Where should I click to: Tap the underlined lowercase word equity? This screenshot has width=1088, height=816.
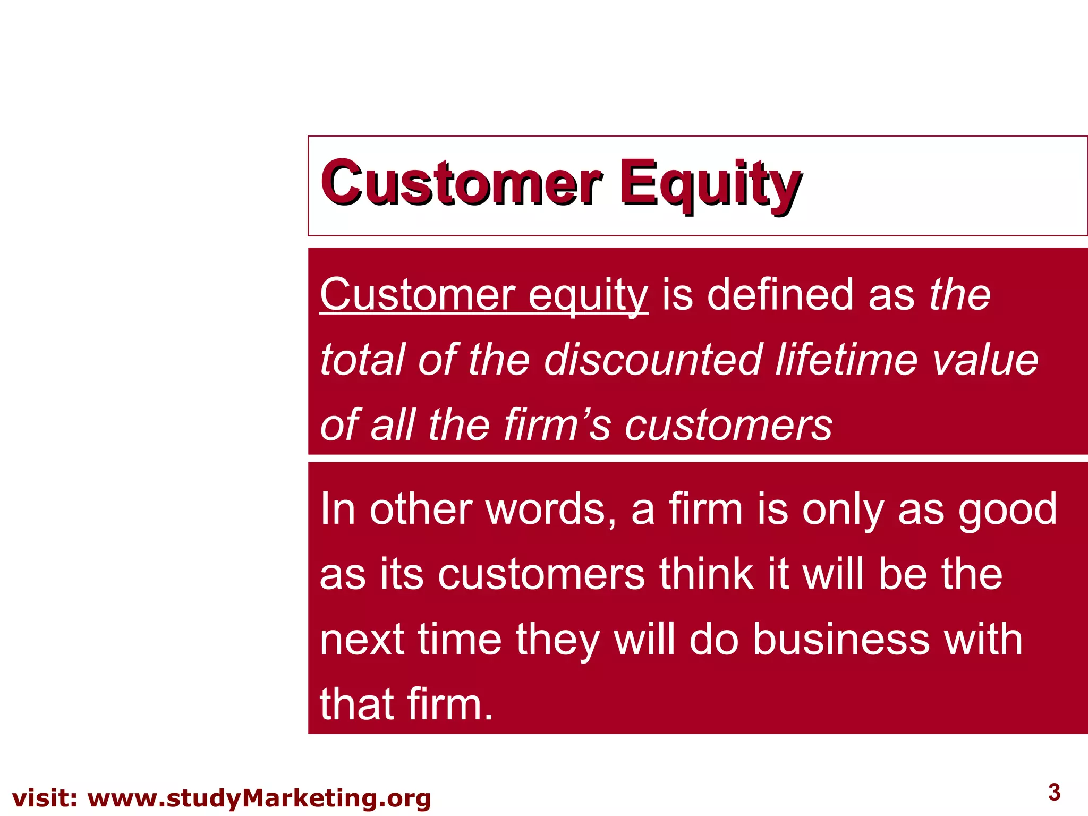[x=588, y=295]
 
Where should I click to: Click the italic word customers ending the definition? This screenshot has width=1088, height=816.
[x=728, y=424]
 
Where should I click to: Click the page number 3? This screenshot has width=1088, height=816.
[x=1055, y=792]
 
